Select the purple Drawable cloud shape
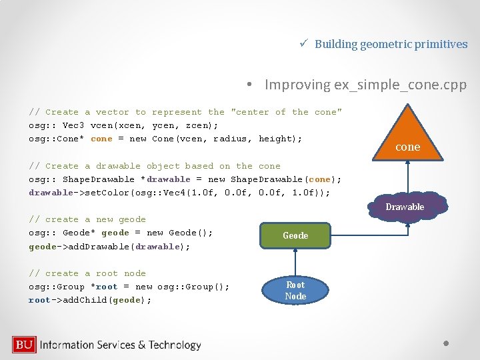tap(405, 207)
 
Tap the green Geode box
tap(295, 235)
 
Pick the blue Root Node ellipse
tap(295, 291)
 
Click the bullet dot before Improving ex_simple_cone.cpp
tap(248, 85)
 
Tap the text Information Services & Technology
tap(121, 345)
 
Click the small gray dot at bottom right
tap(447, 344)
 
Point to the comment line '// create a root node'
tap(87, 273)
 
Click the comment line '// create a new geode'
tap(87, 219)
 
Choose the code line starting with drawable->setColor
tap(179, 193)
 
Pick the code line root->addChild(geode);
tap(90, 300)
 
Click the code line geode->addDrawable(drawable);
tap(109, 247)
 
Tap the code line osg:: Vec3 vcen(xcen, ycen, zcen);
tap(123, 125)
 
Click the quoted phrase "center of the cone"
tap(286, 112)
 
